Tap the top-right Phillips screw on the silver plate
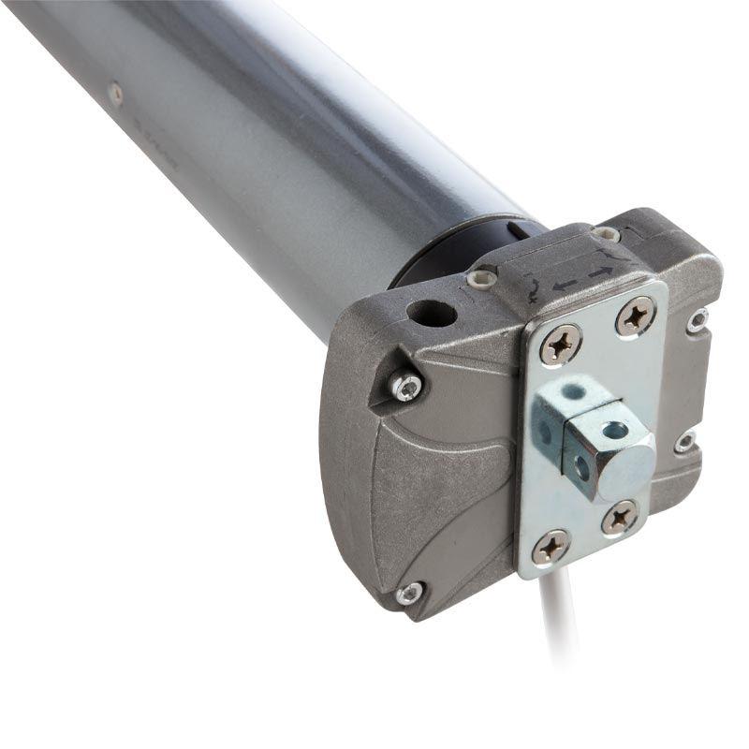[636, 316]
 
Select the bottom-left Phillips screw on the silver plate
[551, 547]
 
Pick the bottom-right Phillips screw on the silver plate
[620, 517]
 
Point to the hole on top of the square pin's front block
[614, 430]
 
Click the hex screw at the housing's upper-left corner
[406, 386]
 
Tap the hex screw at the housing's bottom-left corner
[408, 594]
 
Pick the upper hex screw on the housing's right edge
[698, 321]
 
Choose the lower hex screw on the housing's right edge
[686, 441]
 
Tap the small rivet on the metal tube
[115, 92]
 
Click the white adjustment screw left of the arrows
[482, 278]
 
